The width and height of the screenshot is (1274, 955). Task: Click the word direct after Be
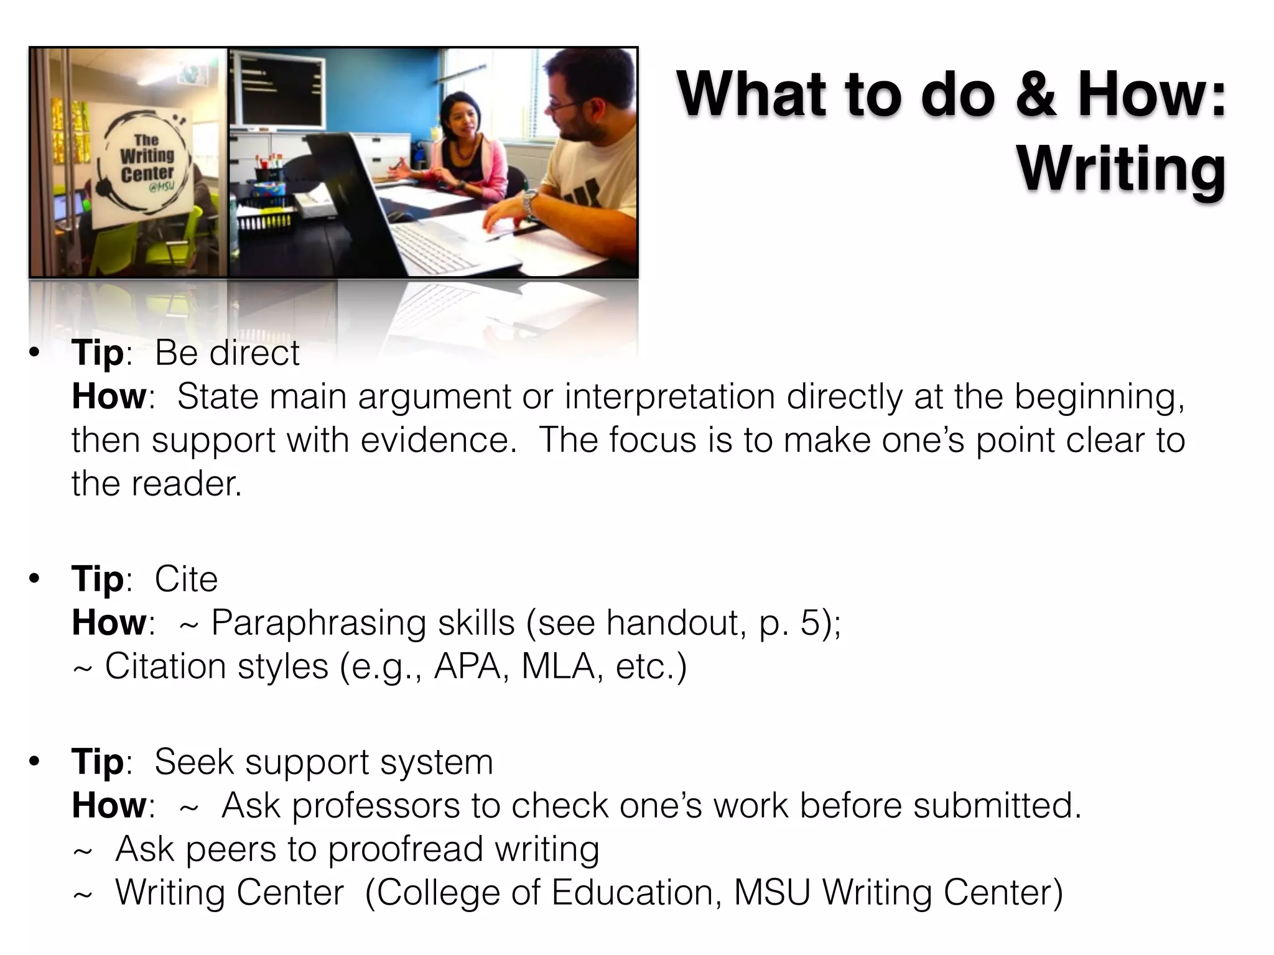click(x=254, y=353)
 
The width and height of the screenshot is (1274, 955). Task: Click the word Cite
click(x=186, y=579)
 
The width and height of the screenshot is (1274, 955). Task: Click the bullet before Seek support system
click(x=34, y=761)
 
